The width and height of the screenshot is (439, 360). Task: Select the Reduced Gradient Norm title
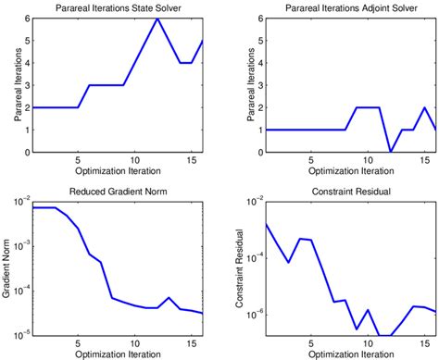(116, 192)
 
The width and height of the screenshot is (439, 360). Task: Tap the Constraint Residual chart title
(341, 192)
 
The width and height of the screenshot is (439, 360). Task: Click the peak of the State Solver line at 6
(157, 19)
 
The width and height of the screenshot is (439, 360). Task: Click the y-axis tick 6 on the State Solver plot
(25, 19)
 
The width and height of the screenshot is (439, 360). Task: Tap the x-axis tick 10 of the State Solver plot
(134, 162)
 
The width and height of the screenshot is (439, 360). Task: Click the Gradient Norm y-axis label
(7, 268)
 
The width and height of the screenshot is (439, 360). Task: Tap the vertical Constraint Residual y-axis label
(232, 268)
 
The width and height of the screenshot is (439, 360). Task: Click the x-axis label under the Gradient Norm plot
(116, 354)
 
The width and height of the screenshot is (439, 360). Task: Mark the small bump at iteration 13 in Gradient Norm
(169, 298)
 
